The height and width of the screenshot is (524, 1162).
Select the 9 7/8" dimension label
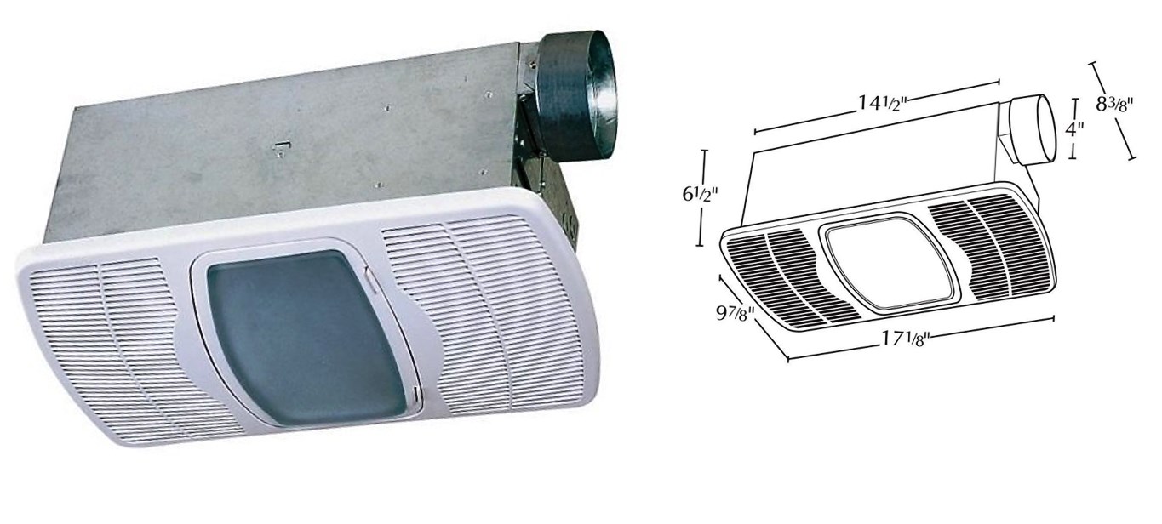[x=735, y=313]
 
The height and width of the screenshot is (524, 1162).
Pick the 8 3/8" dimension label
[x=1114, y=105]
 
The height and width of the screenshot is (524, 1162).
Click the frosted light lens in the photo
[x=306, y=338]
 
